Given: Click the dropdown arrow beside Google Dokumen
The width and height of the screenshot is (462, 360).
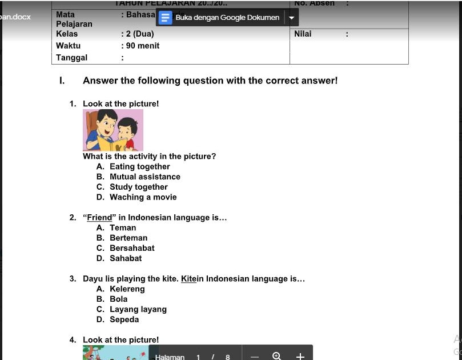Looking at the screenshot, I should pos(292,18).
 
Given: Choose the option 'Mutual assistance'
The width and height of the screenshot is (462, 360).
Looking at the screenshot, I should pos(144,177).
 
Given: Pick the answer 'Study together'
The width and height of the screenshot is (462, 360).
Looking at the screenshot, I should pos(138,187).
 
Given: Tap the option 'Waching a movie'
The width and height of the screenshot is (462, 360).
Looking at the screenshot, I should pos(143,198).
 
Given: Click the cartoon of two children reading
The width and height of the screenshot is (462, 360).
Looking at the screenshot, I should pos(113,130).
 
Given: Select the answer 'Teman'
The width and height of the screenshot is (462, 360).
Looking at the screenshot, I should pos(123,228).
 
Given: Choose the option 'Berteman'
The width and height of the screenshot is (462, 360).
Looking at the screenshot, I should pos(128,238).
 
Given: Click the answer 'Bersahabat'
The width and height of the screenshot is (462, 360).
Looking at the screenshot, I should pos(132,249).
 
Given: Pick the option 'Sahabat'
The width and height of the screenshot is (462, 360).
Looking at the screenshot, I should pos(126,259).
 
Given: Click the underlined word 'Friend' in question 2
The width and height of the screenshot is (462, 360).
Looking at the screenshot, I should pos(99,218).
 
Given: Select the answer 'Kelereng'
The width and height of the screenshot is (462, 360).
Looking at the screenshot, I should pos(127,289).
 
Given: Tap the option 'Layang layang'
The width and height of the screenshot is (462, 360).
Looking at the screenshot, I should pos(138,310).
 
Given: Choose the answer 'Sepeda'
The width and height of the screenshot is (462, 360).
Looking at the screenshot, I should pos(124,320).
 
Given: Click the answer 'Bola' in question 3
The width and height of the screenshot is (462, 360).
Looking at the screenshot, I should pos(119,299).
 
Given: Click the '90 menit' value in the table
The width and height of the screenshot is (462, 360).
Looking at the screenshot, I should pos(143,46).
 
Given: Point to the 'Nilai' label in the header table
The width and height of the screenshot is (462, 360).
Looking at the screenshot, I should pos(303,34).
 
